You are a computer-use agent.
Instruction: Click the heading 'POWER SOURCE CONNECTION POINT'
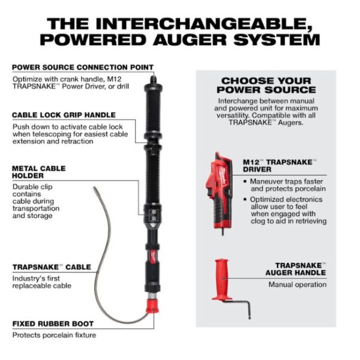83,67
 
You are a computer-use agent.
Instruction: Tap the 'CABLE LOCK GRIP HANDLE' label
64,115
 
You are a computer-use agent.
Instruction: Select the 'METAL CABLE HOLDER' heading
39,172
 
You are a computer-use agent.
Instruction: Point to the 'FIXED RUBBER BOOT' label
53,324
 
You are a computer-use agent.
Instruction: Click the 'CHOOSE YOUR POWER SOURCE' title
266,85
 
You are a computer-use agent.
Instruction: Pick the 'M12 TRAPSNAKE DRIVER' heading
280,166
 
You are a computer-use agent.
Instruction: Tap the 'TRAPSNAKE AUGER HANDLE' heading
296,269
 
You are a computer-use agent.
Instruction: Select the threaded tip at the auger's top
152,80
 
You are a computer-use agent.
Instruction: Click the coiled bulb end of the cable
95,190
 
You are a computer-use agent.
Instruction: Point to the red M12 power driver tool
219,193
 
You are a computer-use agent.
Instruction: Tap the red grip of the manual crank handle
221,280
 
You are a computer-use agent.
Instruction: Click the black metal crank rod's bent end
249,310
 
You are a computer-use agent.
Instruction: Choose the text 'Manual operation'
298,284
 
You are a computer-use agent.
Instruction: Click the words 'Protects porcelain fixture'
54,335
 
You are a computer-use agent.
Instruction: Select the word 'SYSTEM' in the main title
277,40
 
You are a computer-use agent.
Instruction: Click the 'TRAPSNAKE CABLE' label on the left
52,267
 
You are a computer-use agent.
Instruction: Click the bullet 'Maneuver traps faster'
286,181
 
